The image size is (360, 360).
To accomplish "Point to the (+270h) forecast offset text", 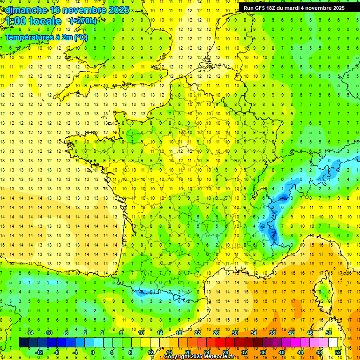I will (83, 21).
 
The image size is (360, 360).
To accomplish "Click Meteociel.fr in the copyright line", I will (222, 357).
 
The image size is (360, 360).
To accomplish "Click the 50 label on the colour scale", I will (329, 333).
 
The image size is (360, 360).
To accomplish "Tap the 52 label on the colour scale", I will (338, 352).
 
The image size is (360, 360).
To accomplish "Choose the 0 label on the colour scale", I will (93, 352).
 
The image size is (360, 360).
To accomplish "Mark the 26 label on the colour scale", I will (216, 333).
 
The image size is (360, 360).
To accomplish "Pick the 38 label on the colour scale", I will (272, 333).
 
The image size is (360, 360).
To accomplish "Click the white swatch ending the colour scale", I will (333, 343).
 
